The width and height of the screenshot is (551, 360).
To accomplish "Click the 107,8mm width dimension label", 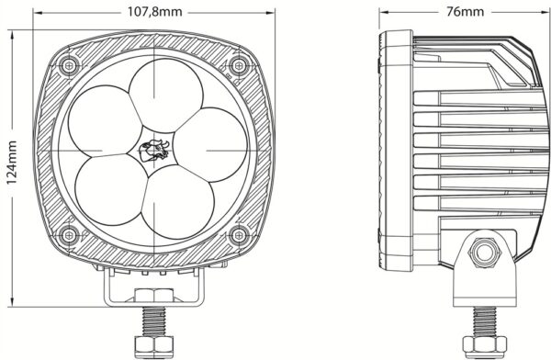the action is coord(154,12).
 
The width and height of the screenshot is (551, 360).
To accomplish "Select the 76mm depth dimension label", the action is coord(465,12).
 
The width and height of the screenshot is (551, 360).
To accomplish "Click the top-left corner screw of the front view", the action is coord(69,65).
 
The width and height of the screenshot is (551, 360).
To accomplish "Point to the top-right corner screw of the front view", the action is coord(239,65).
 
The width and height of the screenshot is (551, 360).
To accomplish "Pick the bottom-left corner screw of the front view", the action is coord(69,235).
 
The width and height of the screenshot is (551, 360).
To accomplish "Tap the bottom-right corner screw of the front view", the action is coord(239,235).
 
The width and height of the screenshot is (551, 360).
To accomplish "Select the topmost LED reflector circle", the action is coord(166,96).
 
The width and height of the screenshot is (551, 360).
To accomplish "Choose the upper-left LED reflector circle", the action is coord(105,121).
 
